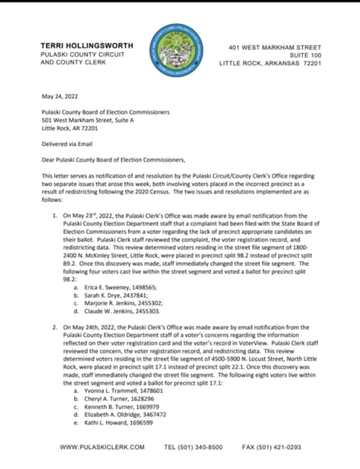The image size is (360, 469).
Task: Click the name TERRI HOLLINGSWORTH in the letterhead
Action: point(87,46)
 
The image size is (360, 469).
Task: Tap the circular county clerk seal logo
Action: point(176,50)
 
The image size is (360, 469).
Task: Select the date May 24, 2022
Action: point(60,97)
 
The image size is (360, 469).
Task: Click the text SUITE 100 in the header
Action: point(305,55)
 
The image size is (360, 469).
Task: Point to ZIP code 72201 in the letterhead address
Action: point(312,63)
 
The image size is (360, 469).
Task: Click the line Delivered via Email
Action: point(67,144)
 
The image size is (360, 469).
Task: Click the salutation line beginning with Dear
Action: point(113,160)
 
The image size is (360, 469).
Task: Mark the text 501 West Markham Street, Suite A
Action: point(88,120)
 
